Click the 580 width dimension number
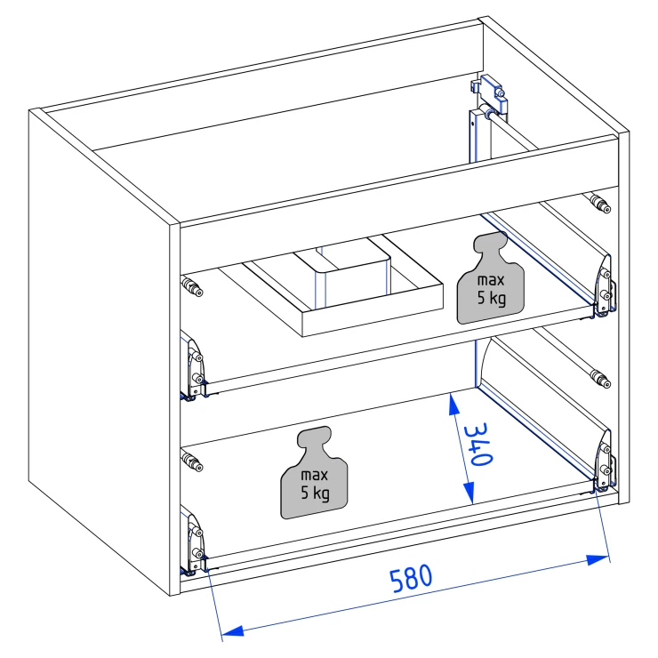pos(411,578)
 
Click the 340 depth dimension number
pos(478,444)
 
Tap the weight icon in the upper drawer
pos(491,278)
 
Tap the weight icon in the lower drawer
pos(314,473)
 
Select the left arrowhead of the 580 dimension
pos(232,630)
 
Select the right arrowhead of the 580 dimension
pos(598,559)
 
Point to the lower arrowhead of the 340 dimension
pos(469,493)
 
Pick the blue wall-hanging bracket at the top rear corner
pos(490,94)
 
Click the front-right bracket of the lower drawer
pos(605,461)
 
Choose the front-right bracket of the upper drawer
pos(605,286)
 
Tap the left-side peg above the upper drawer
pos(192,286)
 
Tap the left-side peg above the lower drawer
pos(192,461)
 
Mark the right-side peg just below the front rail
pos(600,203)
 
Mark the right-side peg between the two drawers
pos(600,379)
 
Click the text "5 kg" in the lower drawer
pos(315,493)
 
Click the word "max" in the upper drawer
pos(491,280)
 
